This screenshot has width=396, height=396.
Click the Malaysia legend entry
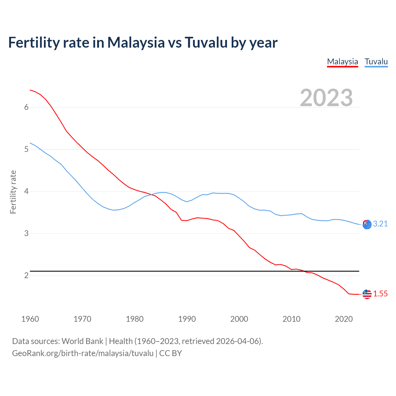pos(342,62)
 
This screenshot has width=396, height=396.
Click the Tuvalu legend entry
pos(376,62)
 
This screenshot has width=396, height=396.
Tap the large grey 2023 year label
pos(326,97)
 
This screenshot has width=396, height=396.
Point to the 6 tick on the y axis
pos(26,107)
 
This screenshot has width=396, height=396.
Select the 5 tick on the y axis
pos(26,149)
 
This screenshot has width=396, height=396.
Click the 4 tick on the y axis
pos(26,191)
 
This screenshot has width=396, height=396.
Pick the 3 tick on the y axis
pos(26,233)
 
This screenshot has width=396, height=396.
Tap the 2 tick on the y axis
pos(26,275)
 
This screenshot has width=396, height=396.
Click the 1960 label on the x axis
pos(30,319)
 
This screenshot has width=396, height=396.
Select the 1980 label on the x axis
pos(135,319)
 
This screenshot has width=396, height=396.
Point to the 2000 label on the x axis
pos(239,319)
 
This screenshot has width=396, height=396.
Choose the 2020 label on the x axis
pos(344,319)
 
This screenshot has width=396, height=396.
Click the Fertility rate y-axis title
pos(13,192)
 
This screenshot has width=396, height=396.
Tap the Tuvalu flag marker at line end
pos(367,224)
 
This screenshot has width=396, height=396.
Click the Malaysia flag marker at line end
pos(367,294)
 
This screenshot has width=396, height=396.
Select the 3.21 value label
pos(380,224)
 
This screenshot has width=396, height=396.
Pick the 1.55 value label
pos(380,294)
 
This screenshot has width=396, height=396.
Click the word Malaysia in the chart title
pos(136,42)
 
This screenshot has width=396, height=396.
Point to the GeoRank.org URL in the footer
pos(83,353)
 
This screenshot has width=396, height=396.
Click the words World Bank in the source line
pos(82,341)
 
